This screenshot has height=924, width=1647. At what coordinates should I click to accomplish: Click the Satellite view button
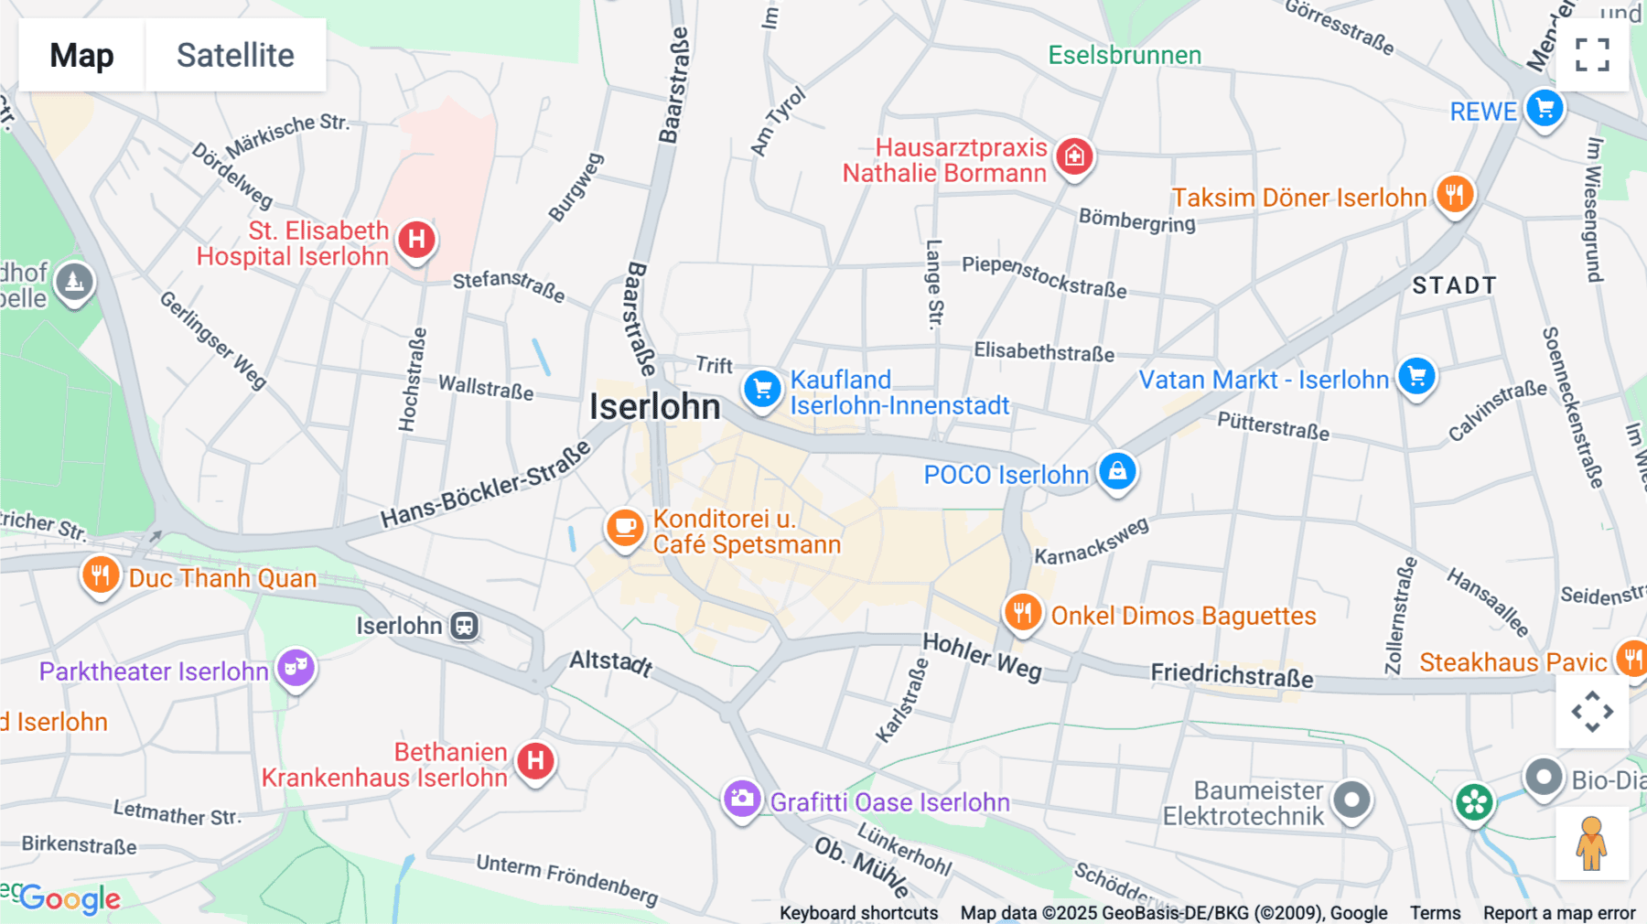coord(235,55)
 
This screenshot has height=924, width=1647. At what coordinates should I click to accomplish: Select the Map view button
coord(81,55)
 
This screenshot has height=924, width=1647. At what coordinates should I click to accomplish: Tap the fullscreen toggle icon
coord(1592,55)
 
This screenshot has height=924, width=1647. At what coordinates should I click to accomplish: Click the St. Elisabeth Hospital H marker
coord(416,240)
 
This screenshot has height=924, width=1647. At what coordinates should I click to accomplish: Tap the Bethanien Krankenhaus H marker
coord(535,760)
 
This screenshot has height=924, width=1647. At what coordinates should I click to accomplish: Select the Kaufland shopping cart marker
coord(761,389)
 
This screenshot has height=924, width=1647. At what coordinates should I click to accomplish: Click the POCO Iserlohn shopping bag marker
coord(1117,471)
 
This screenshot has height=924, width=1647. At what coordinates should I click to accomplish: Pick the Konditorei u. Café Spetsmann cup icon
coord(625,528)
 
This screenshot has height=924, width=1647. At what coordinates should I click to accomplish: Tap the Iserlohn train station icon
coord(465,626)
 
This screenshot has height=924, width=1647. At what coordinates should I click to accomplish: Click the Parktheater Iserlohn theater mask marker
coord(296,668)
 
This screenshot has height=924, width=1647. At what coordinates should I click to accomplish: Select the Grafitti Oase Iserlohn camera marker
coord(742,799)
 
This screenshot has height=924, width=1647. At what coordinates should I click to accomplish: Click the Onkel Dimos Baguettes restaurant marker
coord(1023,612)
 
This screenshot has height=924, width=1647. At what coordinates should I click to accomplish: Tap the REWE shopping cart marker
coord(1545,110)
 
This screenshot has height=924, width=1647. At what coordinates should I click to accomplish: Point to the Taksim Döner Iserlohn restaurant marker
coord(1454,194)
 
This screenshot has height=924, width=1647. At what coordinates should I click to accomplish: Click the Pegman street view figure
coord(1591,843)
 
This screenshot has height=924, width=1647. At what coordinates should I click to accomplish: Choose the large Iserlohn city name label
coord(655,406)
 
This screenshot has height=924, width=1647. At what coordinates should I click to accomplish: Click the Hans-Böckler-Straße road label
coord(486,486)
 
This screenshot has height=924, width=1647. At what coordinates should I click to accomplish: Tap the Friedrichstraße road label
coord(1232,675)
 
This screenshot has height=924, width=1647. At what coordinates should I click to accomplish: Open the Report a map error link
coord(1558,912)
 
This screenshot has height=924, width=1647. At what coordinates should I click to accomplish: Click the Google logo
coord(70,898)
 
